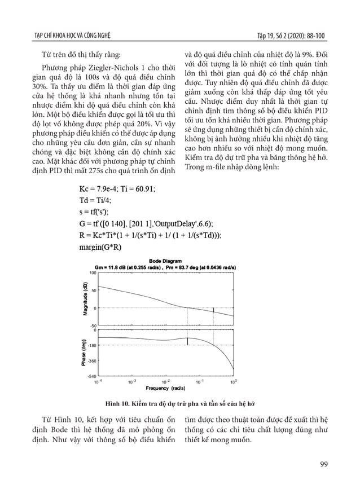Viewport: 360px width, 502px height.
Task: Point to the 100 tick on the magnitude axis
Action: click(x=93, y=272)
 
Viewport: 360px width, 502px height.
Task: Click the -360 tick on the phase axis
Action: click(x=91, y=360)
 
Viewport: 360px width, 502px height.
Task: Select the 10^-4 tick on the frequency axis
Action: click(x=98, y=381)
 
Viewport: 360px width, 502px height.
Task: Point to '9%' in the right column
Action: click(x=309, y=55)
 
